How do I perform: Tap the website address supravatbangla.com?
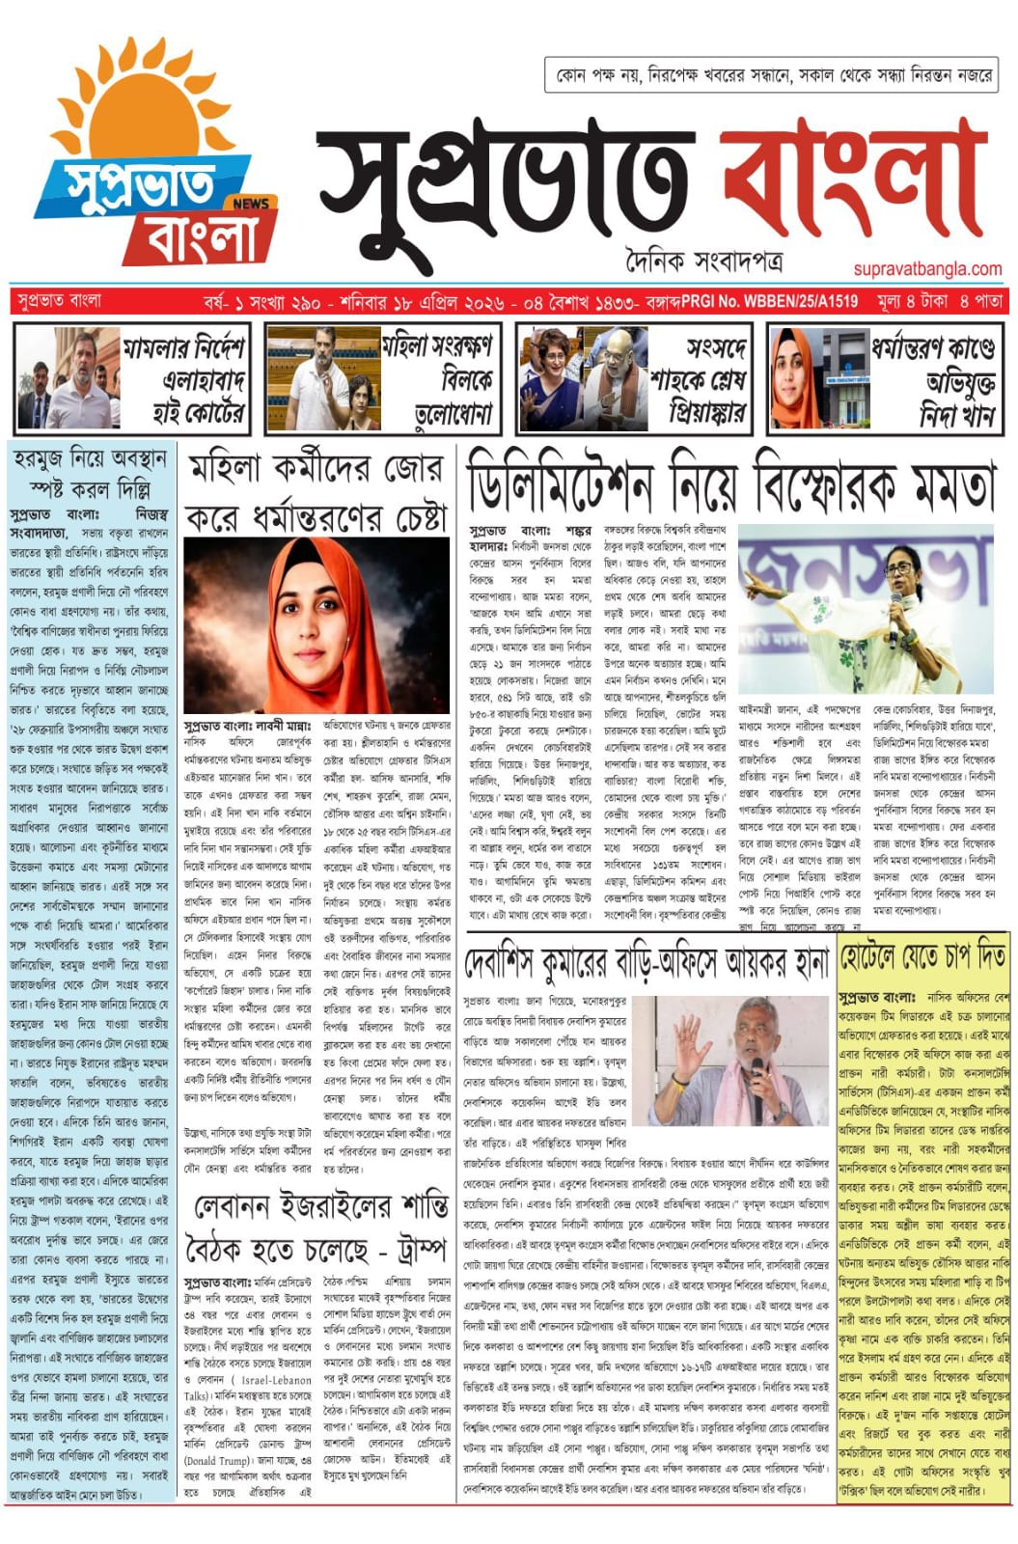click(923, 269)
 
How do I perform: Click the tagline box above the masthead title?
click(773, 75)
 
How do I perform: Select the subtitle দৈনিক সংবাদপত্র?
click(702, 261)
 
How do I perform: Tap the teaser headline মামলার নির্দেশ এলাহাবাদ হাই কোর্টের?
click(184, 379)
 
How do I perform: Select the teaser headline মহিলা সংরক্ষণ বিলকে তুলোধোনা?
click(436, 379)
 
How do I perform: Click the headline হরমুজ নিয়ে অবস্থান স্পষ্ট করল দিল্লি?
click(90, 472)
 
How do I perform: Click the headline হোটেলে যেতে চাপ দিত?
click(923, 957)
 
